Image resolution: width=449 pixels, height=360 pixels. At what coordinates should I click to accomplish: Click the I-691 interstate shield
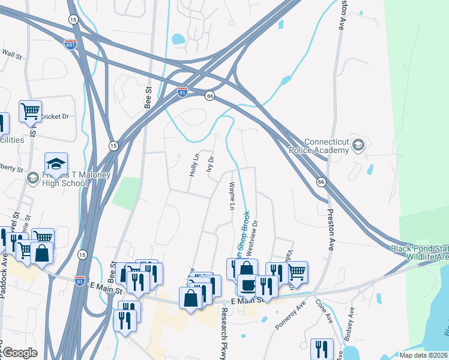(x=71, y=44)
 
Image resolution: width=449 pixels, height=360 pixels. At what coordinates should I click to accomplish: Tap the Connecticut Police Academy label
(x=327, y=146)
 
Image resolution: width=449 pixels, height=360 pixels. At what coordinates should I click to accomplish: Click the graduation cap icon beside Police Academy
(x=358, y=144)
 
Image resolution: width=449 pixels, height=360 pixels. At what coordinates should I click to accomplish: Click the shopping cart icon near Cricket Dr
(x=30, y=111)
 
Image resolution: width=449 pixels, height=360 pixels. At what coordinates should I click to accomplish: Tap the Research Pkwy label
(x=224, y=334)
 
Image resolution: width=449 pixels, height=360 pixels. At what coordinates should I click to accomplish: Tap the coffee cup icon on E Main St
(x=247, y=284)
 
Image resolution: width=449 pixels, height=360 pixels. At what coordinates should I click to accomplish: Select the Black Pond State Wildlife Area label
(x=420, y=253)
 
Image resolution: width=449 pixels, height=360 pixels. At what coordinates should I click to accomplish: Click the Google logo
(x=20, y=352)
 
